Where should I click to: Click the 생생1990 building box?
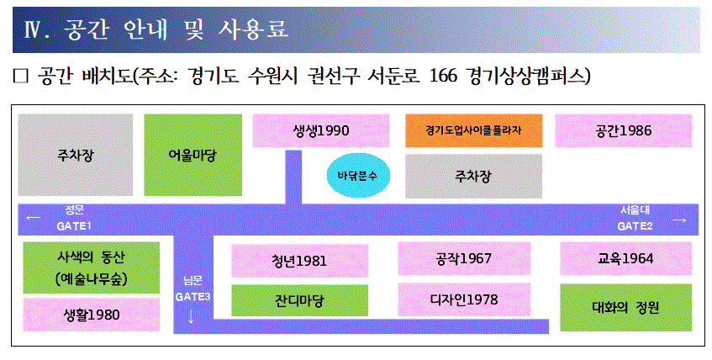(x=320, y=130)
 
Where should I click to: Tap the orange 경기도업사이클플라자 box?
(x=473, y=130)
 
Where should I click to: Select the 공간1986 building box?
(x=623, y=130)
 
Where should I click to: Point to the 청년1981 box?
(x=299, y=259)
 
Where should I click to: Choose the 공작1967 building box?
(x=464, y=258)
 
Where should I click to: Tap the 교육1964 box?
(x=625, y=258)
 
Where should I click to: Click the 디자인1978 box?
(x=464, y=299)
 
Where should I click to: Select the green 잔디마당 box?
(x=299, y=299)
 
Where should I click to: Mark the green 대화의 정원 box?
(x=625, y=307)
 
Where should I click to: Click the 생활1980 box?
(x=91, y=315)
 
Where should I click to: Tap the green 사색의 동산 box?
(x=91, y=267)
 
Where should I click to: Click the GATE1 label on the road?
(x=74, y=226)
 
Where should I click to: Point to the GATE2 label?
(x=636, y=226)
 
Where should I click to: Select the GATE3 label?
(x=193, y=296)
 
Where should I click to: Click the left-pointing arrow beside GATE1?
(x=34, y=219)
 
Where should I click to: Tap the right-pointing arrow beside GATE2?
(x=679, y=220)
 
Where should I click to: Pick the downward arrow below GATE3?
(x=192, y=316)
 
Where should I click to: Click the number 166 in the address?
(x=445, y=77)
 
